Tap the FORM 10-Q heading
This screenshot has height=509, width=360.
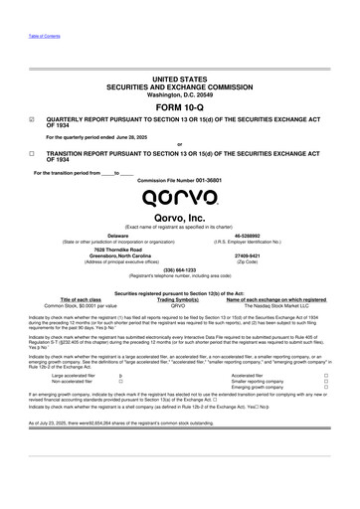(179, 105)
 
